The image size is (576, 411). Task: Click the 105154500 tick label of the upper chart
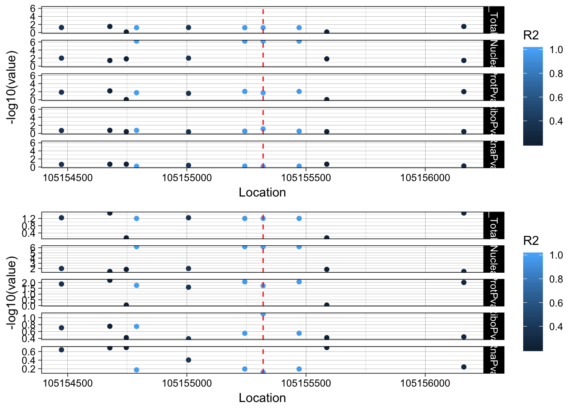pyautogui.click(x=68, y=178)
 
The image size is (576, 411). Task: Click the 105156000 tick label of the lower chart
pyautogui.click(x=425, y=383)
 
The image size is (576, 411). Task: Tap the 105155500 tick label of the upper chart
pyautogui.click(x=306, y=178)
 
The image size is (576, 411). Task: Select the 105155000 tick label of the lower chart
pyautogui.click(x=187, y=383)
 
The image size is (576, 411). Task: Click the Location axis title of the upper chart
pyautogui.click(x=262, y=193)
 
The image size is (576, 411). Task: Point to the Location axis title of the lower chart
pyautogui.click(x=262, y=398)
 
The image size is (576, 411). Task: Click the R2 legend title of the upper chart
pyautogui.click(x=531, y=35)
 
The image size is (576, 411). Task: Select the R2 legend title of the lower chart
pyautogui.click(x=531, y=241)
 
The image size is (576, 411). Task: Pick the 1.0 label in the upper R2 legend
pyautogui.click(x=556, y=50)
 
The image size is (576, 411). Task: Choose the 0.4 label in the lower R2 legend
pyautogui.click(x=556, y=327)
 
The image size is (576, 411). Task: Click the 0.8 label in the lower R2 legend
pyautogui.click(x=556, y=279)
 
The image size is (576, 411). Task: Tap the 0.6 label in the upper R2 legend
pyautogui.click(x=556, y=98)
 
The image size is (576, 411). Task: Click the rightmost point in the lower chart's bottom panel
pyautogui.click(x=464, y=367)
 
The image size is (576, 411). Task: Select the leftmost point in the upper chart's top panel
pyautogui.click(x=61, y=27)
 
